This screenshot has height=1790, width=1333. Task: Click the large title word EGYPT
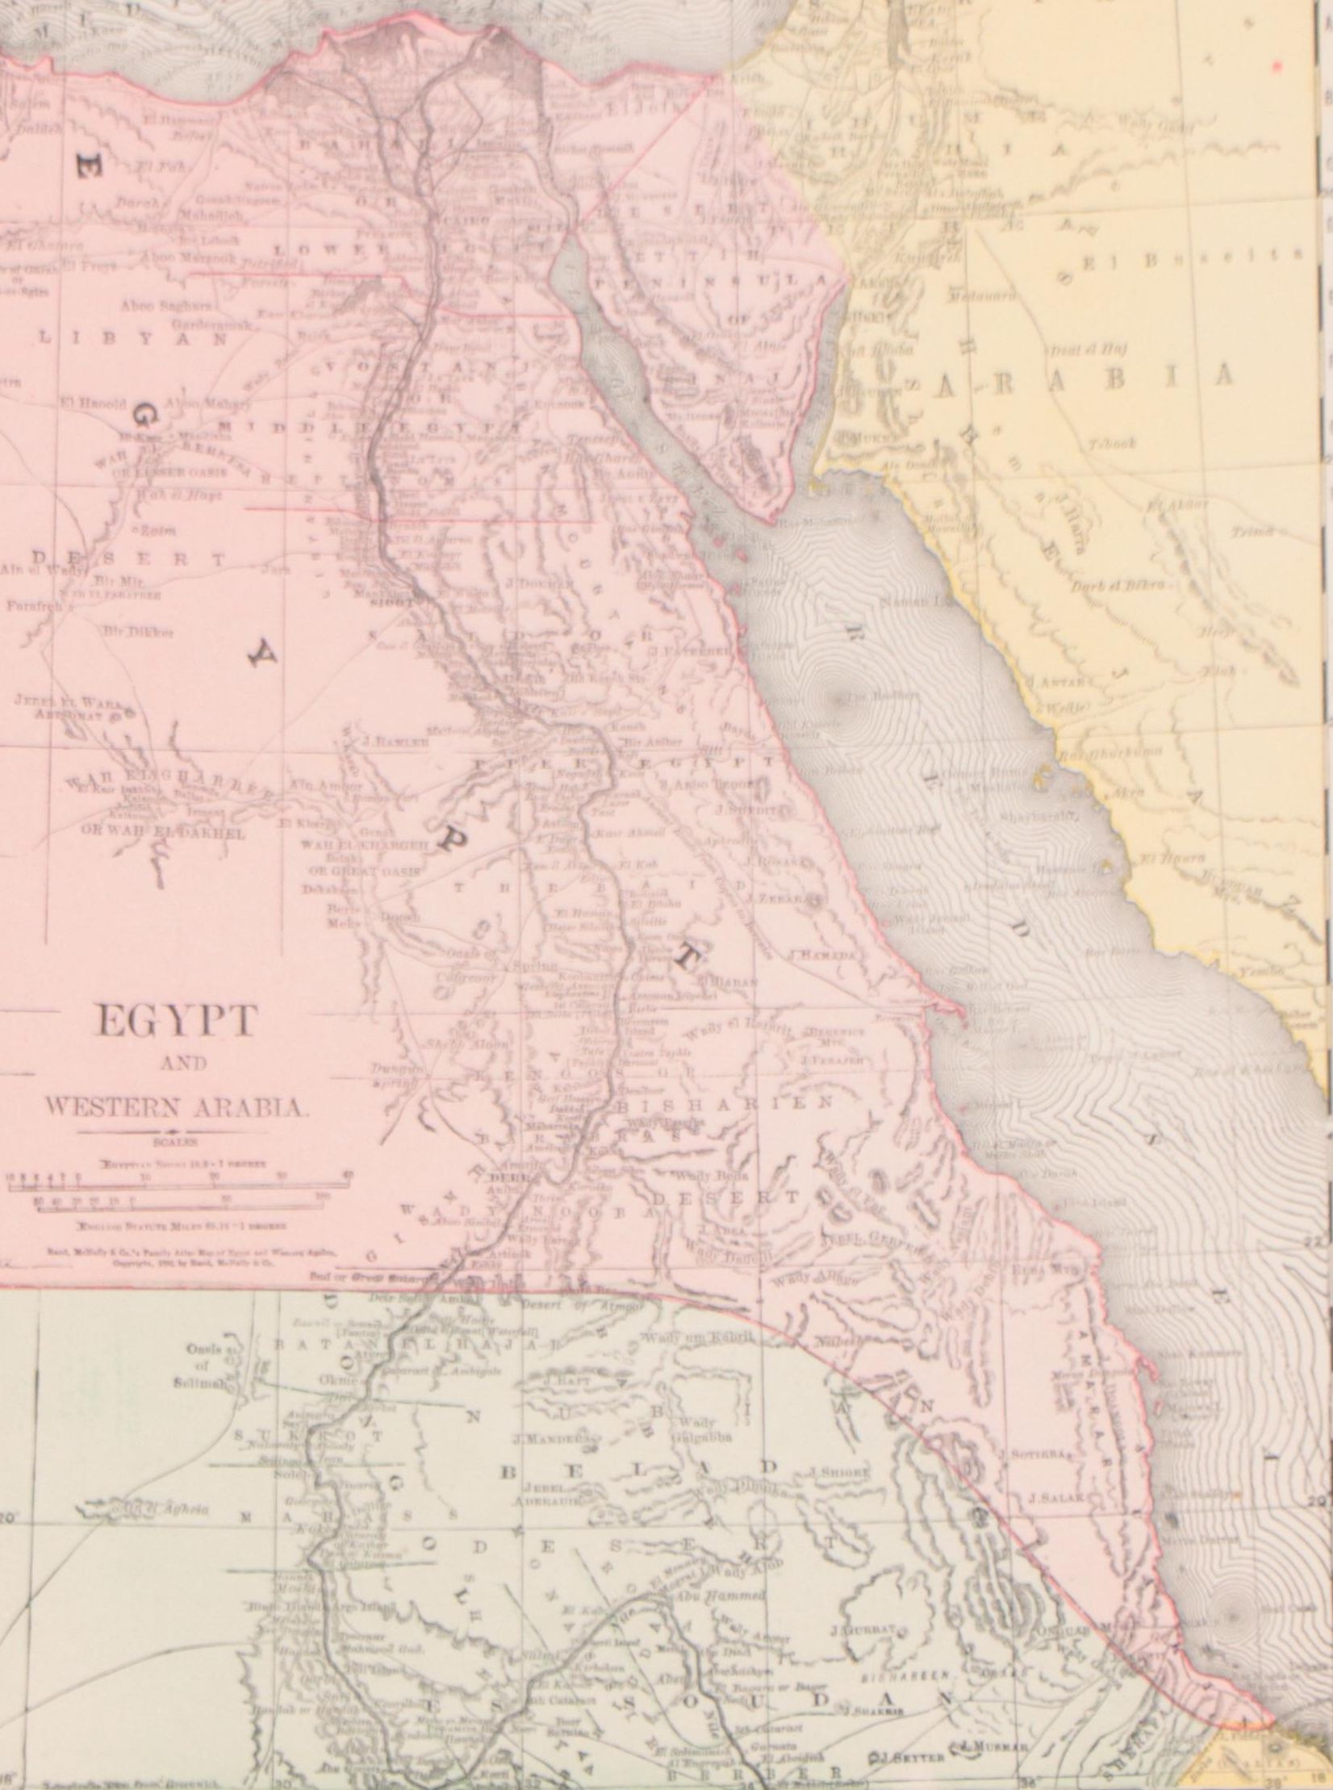pyautogui.click(x=175, y=1021)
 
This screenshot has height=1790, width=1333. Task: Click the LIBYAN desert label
pyautogui.click(x=134, y=340)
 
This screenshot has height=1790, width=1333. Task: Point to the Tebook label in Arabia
pyautogui.click(x=1110, y=444)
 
